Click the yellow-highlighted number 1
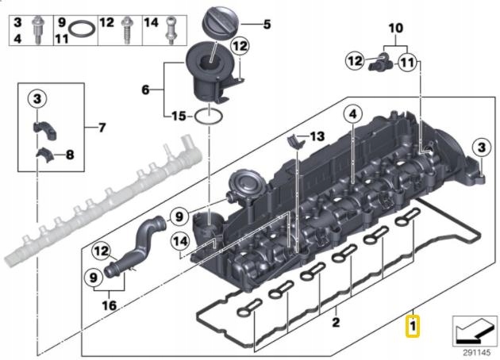tap(413, 326)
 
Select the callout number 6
tap(145, 90)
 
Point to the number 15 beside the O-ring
tap(179, 117)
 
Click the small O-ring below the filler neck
tap(208, 118)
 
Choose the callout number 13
tap(317, 137)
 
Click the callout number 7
tap(101, 127)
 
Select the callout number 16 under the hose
tap(109, 305)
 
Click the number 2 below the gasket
tap(335, 323)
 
